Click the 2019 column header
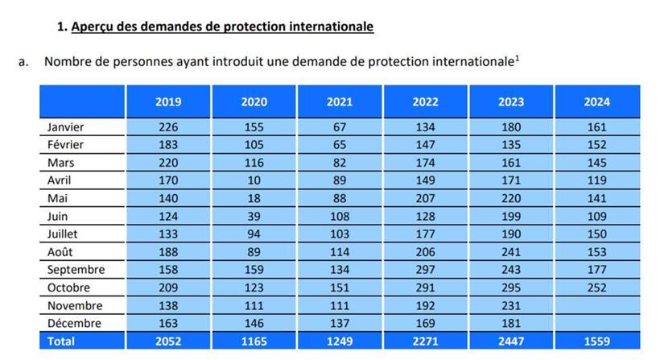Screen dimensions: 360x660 168,101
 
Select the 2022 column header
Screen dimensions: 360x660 425,101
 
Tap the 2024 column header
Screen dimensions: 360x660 596,101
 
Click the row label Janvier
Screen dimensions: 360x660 65,126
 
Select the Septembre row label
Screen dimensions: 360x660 76,269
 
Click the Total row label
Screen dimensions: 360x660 60,341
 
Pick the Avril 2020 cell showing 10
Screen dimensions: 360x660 254,180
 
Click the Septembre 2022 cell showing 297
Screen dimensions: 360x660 425,269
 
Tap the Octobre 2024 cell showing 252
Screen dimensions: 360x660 596,288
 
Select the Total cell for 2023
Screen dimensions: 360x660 511,341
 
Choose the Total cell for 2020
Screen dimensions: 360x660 254,341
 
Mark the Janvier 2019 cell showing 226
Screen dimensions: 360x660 168,126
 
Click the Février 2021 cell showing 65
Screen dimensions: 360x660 340,145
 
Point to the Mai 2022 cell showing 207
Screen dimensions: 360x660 425,198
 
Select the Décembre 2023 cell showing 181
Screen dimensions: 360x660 511,323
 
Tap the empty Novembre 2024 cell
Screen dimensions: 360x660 596,305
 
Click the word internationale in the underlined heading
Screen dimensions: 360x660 328,27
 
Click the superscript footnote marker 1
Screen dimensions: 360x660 517,56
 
